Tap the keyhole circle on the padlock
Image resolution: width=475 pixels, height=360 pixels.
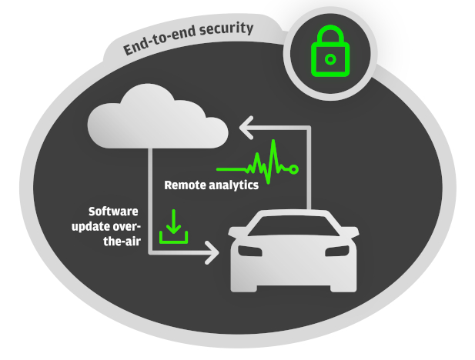click(330, 59)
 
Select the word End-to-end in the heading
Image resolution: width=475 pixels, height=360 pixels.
click(159, 42)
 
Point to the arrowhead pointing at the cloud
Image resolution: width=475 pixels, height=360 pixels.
click(246, 128)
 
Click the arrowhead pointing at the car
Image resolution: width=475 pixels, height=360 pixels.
click(212, 252)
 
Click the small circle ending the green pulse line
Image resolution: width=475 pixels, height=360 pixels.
click(293, 169)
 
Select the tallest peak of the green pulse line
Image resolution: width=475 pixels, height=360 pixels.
click(273, 141)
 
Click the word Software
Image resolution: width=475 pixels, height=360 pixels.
click(113, 212)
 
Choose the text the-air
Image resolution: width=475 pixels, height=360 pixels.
click(122, 242)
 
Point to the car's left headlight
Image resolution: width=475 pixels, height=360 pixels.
click(250, 251)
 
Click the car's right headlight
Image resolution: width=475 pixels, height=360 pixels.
click(337, 251)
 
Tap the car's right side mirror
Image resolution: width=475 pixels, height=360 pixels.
click(351, 232)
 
